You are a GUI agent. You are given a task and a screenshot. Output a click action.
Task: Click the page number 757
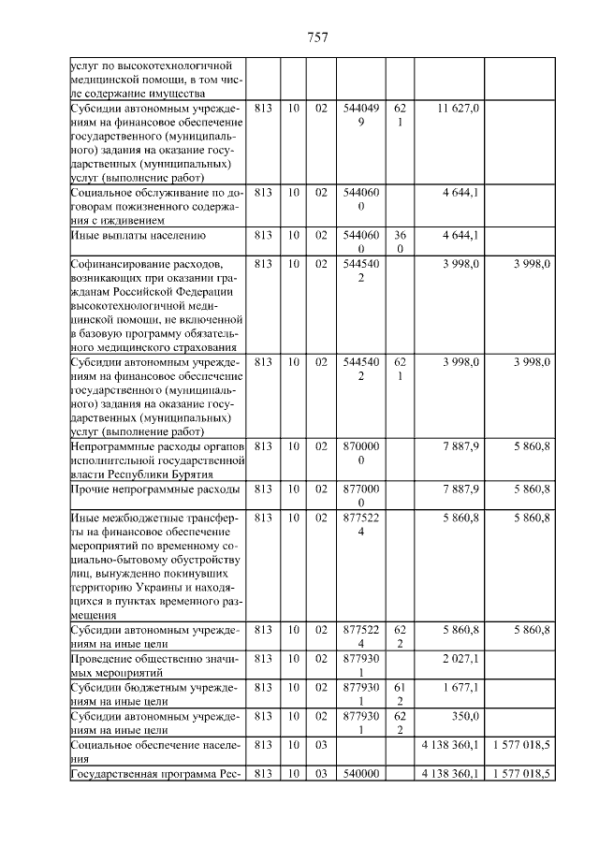pos(317,37)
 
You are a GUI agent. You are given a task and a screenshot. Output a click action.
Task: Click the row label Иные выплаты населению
pos(138,235)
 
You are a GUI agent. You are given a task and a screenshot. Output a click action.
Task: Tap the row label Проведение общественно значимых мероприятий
pos(150,664)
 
